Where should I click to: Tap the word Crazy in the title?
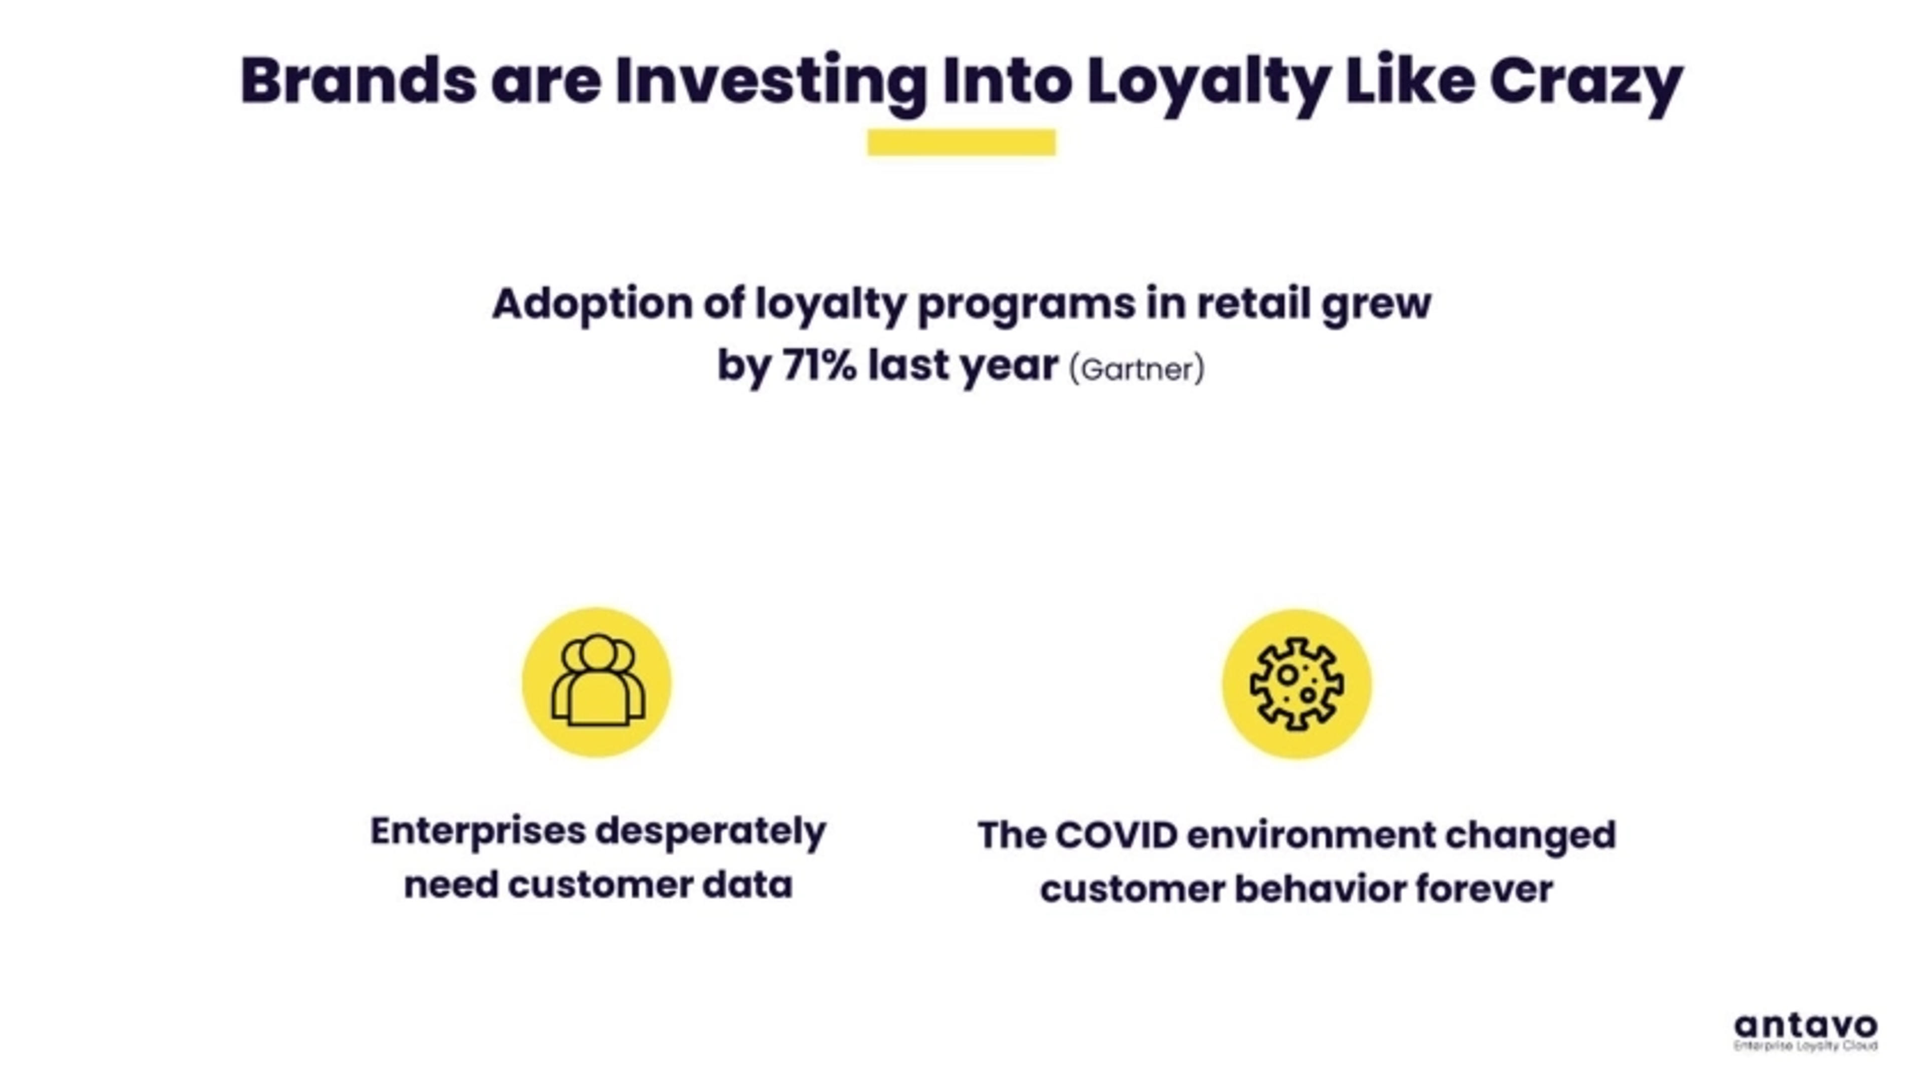pyautogui.click(x=1586, y=84)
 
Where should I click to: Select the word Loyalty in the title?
pyautogui.click(x=1207, y=84)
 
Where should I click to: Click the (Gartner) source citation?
pyautogui.click(x=1137, y=369)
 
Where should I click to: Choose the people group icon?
pyautogui.click(x=597, y=681)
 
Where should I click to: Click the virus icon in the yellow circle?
pyautogui.click(x=1297, y=683)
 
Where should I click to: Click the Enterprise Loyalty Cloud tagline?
pyautogui.click(x=1806, y=1045)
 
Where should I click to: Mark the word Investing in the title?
pyautogui.click(x=770, y=84)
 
